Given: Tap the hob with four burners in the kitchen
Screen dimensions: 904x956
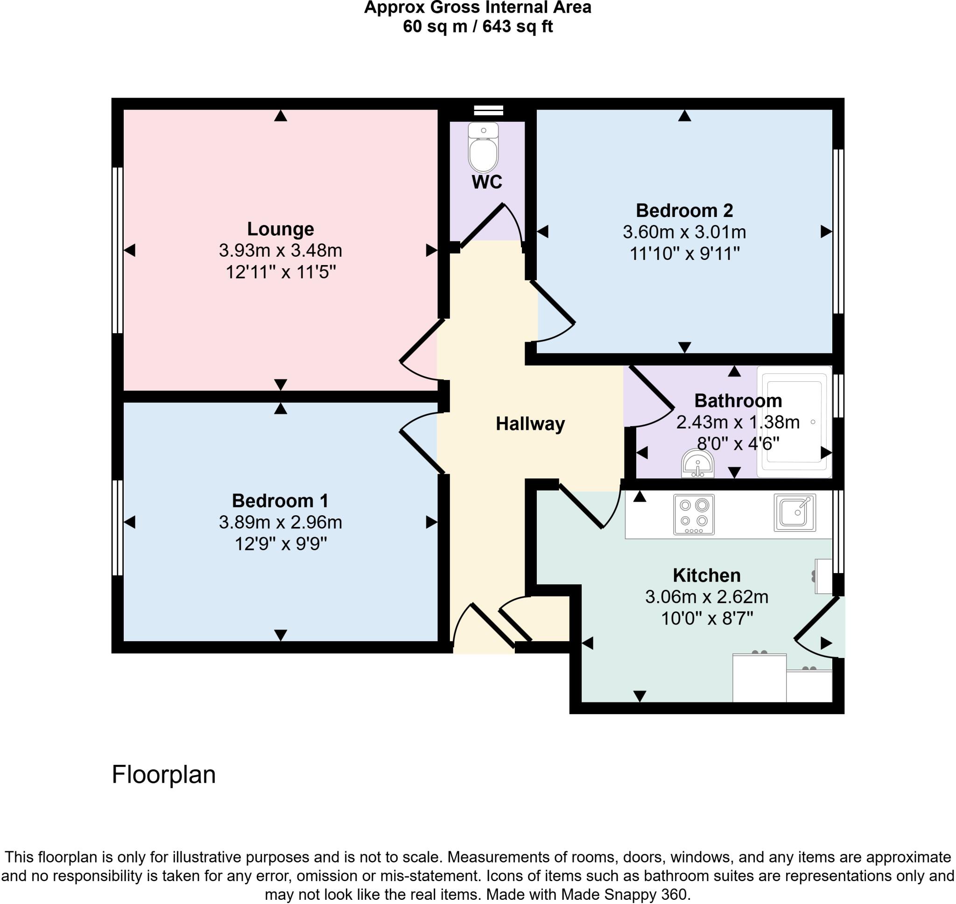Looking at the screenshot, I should click(693, 514).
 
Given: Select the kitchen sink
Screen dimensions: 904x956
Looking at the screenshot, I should click(794, 512).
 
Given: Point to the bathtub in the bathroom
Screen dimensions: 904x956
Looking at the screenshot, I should click(794, 421).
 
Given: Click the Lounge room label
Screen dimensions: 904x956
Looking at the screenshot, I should click(281, 229).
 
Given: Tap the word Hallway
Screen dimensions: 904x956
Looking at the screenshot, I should click(530, 424).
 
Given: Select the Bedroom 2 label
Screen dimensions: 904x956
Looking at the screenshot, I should click(684, 210).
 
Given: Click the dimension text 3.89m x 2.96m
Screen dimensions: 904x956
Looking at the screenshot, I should click(281, 522).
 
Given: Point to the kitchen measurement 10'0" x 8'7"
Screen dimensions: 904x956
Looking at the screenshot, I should click(706, 618).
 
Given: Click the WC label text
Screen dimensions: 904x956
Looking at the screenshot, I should click(487, 182).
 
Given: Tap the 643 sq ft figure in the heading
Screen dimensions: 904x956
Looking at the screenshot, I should click(518, 27).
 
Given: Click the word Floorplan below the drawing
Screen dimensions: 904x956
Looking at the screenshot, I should click(164, 775).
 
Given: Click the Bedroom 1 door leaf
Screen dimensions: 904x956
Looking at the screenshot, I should click(422, 453).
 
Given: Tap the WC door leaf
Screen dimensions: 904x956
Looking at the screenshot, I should click(482, 226).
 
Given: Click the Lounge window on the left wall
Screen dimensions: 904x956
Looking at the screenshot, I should click(117, 250).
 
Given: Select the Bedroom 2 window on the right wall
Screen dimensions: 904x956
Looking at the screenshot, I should click(838, 231).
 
